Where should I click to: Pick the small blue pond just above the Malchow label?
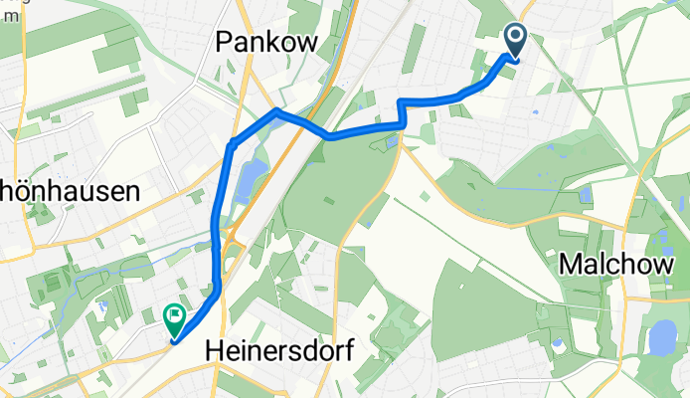(585, 195)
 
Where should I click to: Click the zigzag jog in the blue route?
(402, 111)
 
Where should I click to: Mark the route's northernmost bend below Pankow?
(275, 112)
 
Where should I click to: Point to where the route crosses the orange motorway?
(297, 121)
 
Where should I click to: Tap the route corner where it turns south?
(231, 145)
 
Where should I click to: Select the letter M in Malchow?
(571, 264)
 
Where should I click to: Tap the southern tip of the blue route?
(175, 341)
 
